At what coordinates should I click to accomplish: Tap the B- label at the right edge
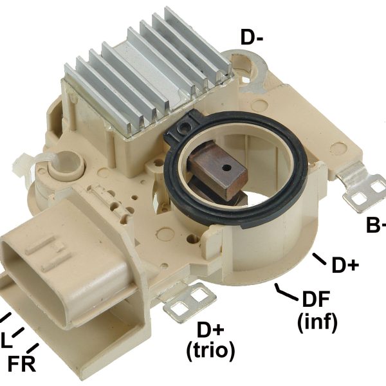click(376, 225)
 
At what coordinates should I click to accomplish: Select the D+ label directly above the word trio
click(210, 330)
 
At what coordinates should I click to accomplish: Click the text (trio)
click(210, 351)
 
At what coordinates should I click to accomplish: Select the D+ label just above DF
click(344, 265)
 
